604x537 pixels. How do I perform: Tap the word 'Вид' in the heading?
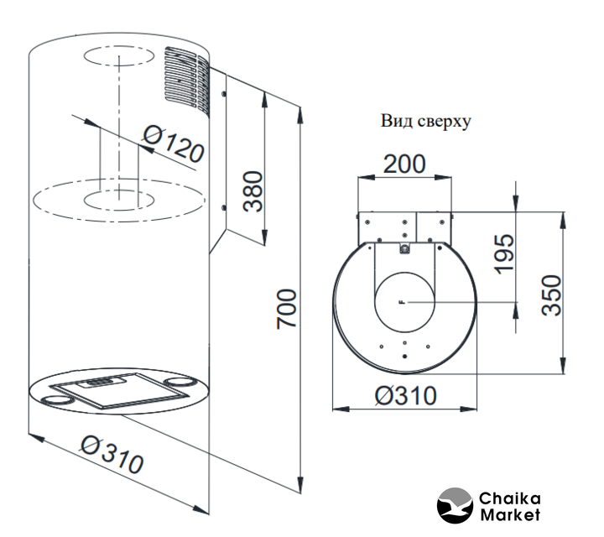click(x=395, y=120)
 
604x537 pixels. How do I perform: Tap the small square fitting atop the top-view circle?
click(x=404, y=248)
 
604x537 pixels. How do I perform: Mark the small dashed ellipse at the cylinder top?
click(x=117, y=59)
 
